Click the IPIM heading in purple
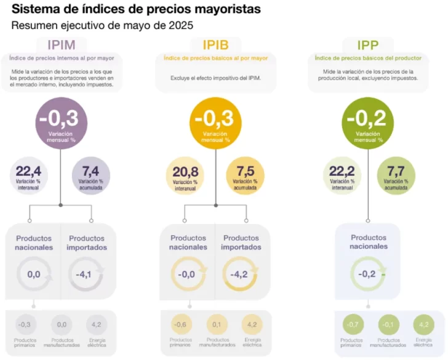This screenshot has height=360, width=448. tap(66, 45)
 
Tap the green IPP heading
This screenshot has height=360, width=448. tap(367, 45)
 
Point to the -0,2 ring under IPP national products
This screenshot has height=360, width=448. tap(368, 274)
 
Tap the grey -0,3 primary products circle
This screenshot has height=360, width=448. tap(25, 324)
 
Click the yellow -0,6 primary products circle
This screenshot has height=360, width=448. tap(180, 324)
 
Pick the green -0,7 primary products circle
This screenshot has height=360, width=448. tap(353, 324)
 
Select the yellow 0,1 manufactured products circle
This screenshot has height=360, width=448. tap(216, 324)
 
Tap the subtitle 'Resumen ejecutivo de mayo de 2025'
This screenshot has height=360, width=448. tap(102, 26)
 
